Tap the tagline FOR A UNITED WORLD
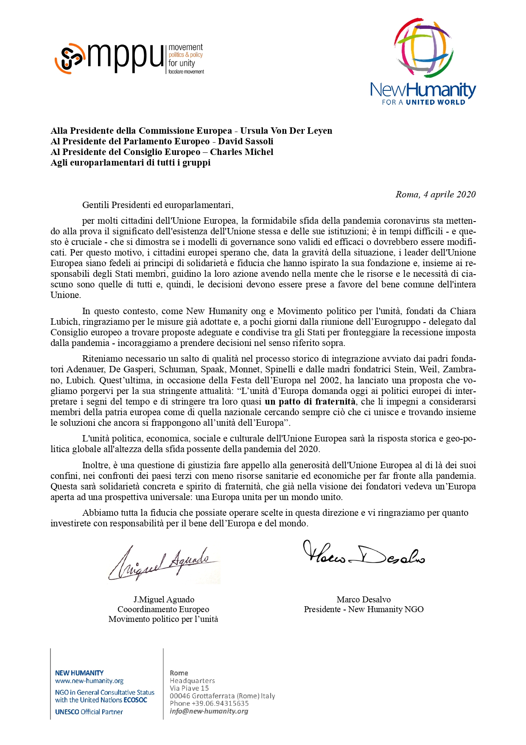pyautogui.click(x=423, y=102)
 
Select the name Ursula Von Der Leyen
pyautogui.click(x=286, y=131)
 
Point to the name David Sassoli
pyautogui.click(x=246, y=141)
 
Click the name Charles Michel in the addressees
pyautogui.click(x=241, y=152)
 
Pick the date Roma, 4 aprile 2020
pyautogui.click(x=435, y=194)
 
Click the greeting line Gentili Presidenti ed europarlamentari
pyautogui.click(x=158, y=205)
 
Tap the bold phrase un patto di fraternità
pyautogui.click(x=310, y=402)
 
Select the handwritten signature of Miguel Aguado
pyautogui.click(x=163, y=564)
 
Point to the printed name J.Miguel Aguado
pyautogui.click(x=164, y=599)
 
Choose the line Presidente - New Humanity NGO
pyautogui.click(x=364, y=609)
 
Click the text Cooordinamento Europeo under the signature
pyautogui.click(x=163, y=609)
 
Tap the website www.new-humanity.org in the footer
pyautogui.click(x=89, y=681)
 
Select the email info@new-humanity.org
pyautogui.click(x=209, y=711)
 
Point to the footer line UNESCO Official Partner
pyautogui.click(x=89, y=712)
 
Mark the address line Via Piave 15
pyautogui.click(x=189, y=688)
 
